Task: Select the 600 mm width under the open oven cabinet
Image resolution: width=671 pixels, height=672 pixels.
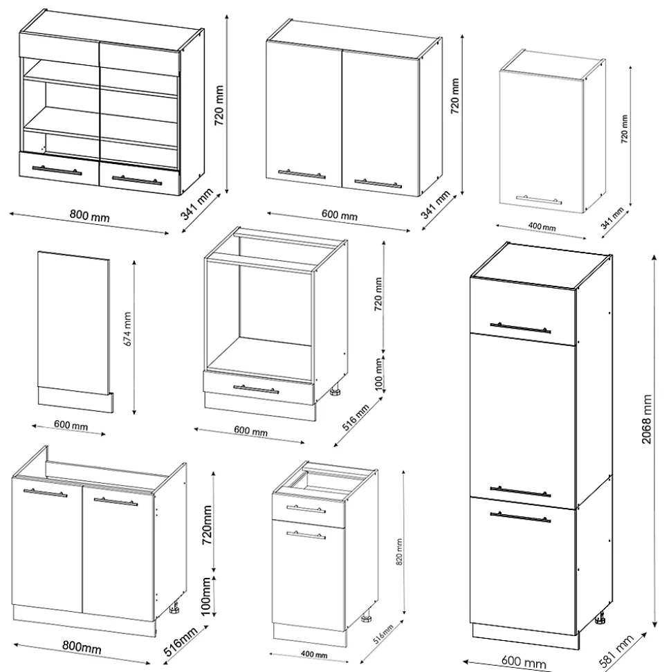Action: tap(250, 431)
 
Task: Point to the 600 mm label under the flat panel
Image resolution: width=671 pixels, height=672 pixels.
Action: tap(71, 425)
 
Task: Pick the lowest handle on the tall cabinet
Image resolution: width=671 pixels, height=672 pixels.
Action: tap(520, 514)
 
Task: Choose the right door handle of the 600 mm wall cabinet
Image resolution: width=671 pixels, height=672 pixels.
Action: tap(378, 184)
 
